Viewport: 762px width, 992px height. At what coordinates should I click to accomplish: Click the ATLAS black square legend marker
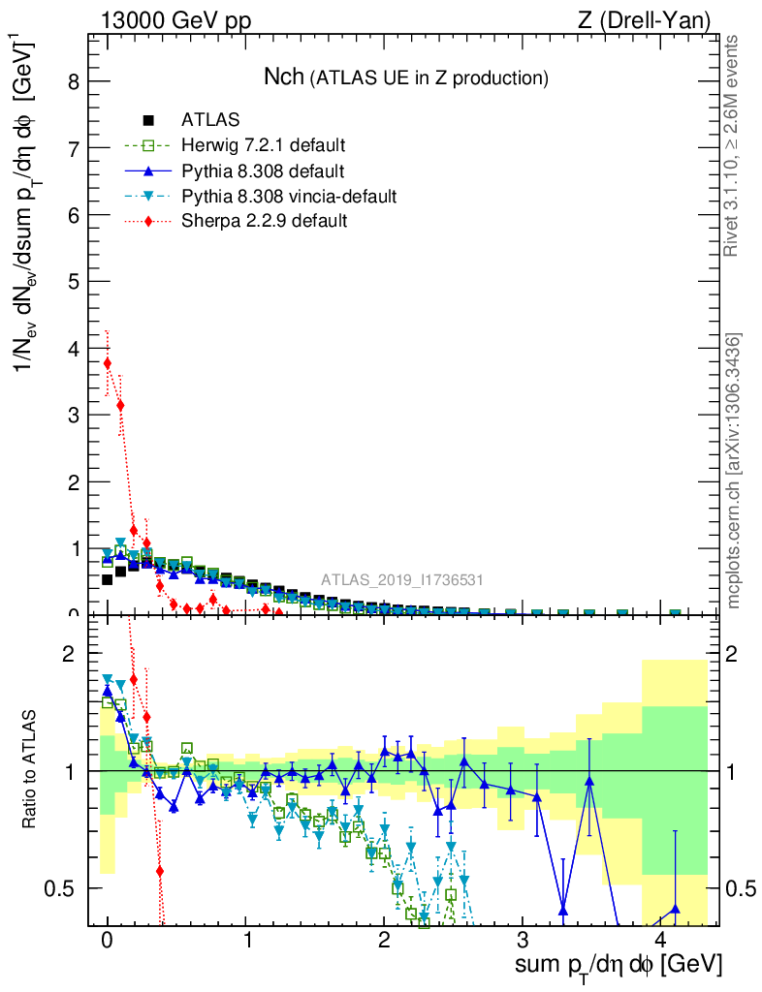148,121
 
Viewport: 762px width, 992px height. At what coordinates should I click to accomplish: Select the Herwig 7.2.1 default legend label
263,146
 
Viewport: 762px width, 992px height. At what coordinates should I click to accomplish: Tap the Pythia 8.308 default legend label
263,171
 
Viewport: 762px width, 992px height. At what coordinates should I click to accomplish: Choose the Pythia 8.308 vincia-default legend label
289,197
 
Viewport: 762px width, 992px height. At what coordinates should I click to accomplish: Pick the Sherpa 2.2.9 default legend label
264,221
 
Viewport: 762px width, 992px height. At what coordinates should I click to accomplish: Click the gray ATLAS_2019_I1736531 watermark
402,580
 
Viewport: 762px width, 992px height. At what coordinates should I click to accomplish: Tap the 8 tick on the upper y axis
74,81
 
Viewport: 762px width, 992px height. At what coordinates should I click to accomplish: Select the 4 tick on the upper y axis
74,348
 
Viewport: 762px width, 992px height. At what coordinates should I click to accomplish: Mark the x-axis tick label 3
523,941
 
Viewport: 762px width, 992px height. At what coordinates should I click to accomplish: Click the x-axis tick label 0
108,941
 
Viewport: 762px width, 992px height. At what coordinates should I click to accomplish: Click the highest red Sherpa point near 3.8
108,363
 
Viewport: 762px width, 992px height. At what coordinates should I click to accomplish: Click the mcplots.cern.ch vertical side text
734,472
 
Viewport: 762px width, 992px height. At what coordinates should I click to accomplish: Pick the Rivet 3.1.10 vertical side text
734,145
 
